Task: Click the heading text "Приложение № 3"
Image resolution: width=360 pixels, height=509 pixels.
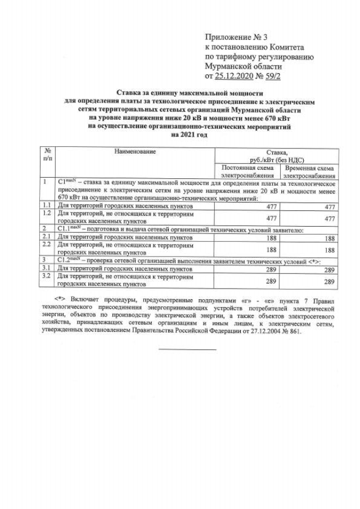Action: tap(237, 37)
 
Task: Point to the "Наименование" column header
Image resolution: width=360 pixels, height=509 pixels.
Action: tap(134, 151)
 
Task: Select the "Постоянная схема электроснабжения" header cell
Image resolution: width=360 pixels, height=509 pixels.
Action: tap(248, 172)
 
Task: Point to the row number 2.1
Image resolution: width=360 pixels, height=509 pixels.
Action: tap(47, 238)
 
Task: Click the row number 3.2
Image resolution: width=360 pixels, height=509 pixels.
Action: tap(47, 277)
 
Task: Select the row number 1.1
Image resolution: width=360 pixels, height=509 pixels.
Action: tap(47, 206)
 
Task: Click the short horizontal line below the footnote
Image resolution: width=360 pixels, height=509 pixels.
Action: tap(187, 350)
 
